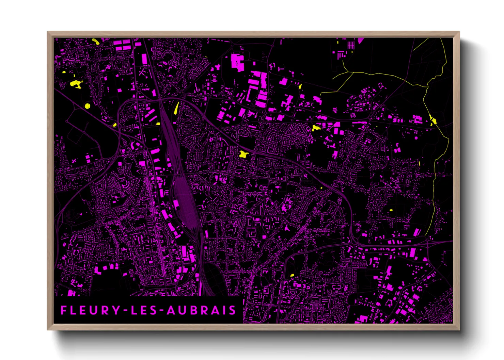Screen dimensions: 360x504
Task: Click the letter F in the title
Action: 64,310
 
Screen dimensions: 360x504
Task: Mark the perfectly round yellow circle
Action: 87,106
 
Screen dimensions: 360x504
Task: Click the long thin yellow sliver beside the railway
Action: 176,108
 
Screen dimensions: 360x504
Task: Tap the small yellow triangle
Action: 300,86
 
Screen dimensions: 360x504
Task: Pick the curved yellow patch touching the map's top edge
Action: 96,42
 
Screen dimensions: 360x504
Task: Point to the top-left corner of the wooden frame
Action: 48,32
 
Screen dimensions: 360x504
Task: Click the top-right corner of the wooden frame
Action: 459,32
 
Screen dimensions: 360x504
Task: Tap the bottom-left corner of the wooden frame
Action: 48,329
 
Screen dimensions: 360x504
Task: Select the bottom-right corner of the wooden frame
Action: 459,329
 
